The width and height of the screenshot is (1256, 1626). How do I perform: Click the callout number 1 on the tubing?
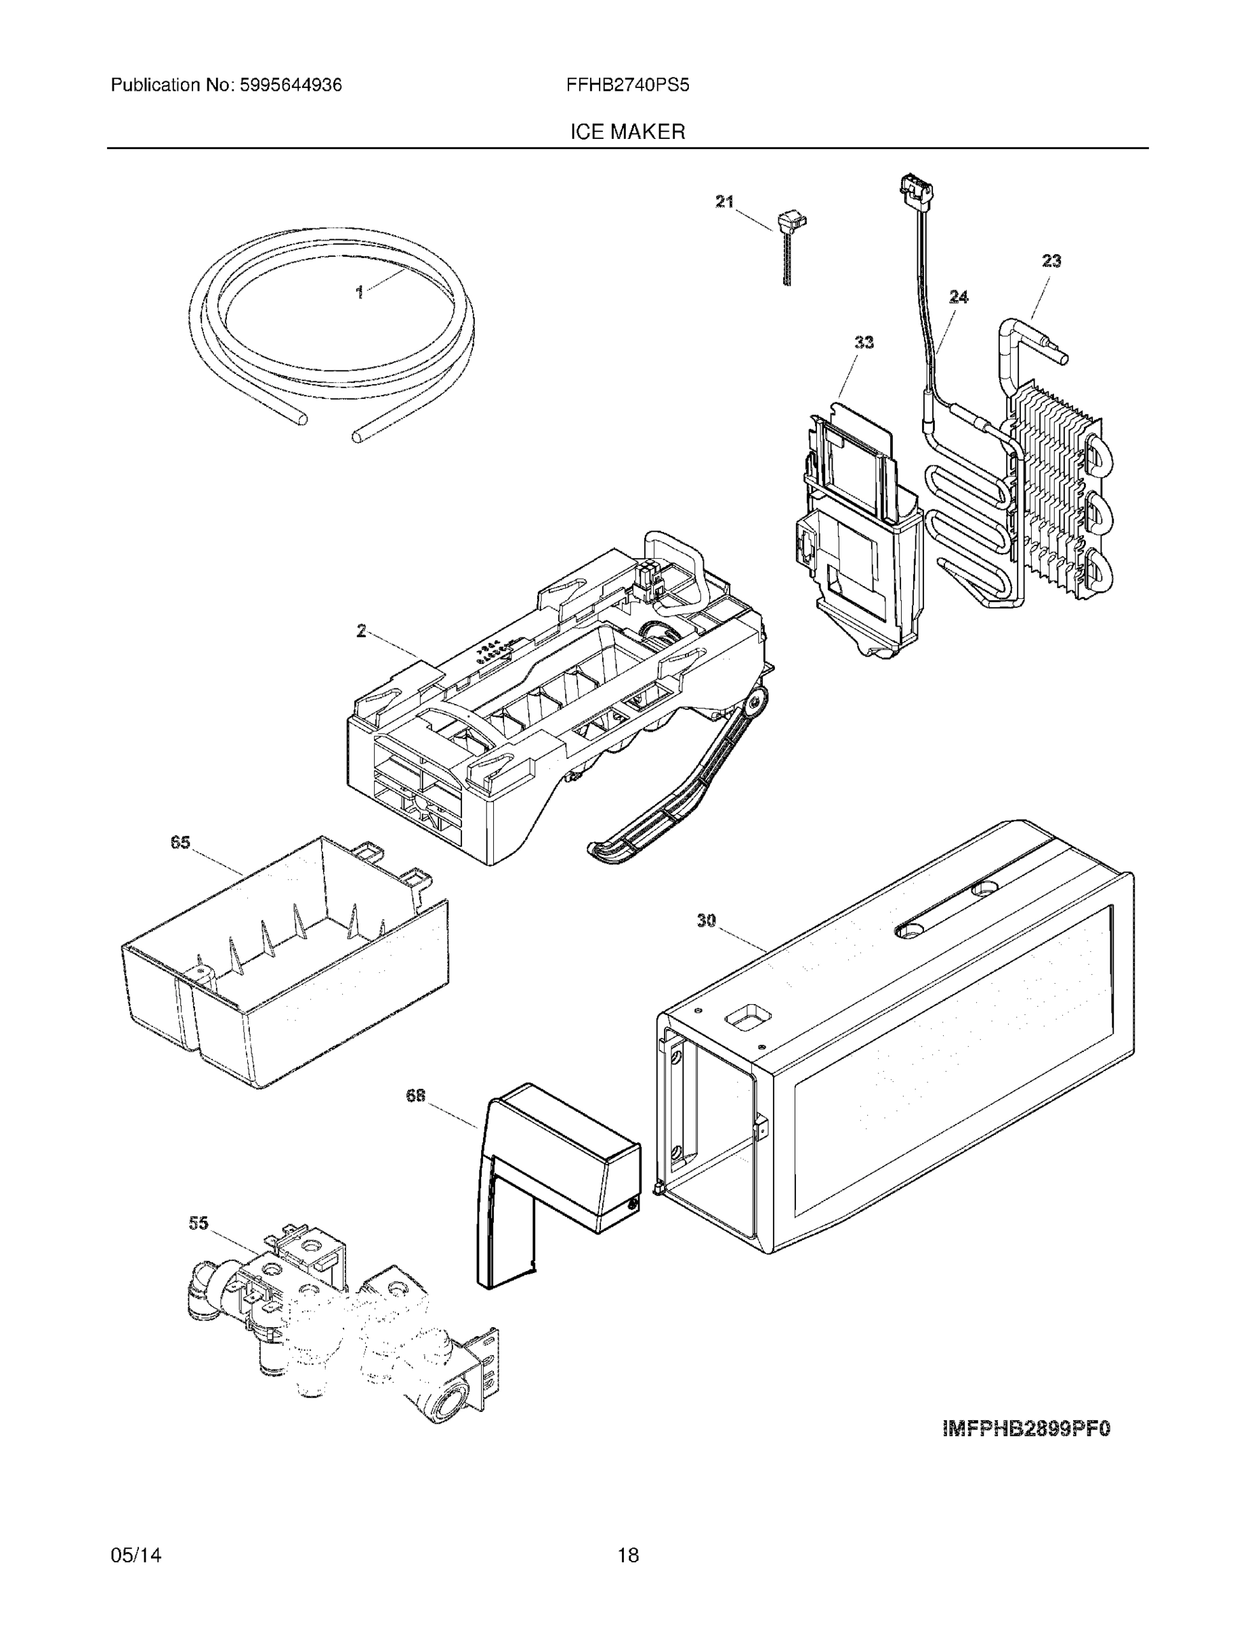click(x=360, y=293)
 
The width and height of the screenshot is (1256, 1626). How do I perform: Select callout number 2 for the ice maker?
click(x=361, y=631)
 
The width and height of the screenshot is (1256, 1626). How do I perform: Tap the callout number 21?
click(x=724, y=201)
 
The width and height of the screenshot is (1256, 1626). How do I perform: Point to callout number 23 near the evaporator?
click(x=1051, y=261)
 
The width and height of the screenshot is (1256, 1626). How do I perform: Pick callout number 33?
click(x=864, y=341)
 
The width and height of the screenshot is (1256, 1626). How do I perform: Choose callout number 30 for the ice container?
click(x=706, y=921)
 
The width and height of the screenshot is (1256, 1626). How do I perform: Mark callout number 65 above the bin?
click(x=180, y=842)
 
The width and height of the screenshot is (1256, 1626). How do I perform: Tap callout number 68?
click(x=415, y=1095)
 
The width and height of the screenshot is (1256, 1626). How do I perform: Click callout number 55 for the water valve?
click(x=198, y=1223)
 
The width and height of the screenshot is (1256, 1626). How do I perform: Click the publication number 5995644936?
click(x=291, y=85)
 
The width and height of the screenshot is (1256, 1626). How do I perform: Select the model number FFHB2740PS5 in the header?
click(x=627, y=85)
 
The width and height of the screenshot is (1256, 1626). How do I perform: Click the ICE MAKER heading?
click(x=627, y=132)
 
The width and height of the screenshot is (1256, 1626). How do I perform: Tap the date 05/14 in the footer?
click(x=136, y=1556)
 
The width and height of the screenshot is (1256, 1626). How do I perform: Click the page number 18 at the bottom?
click(x=627, y=1556)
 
